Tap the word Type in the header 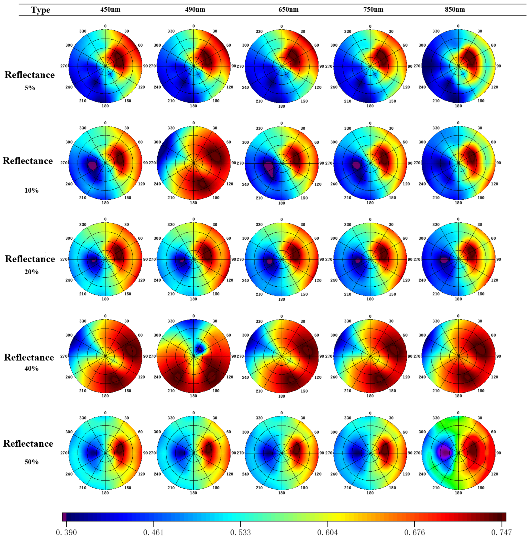point(41,10)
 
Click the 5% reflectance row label point(30,88)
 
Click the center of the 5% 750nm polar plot point(370,66)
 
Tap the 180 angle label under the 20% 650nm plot point(282,299)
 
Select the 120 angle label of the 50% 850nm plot point(494,474)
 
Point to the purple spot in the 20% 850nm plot point(444,260)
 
